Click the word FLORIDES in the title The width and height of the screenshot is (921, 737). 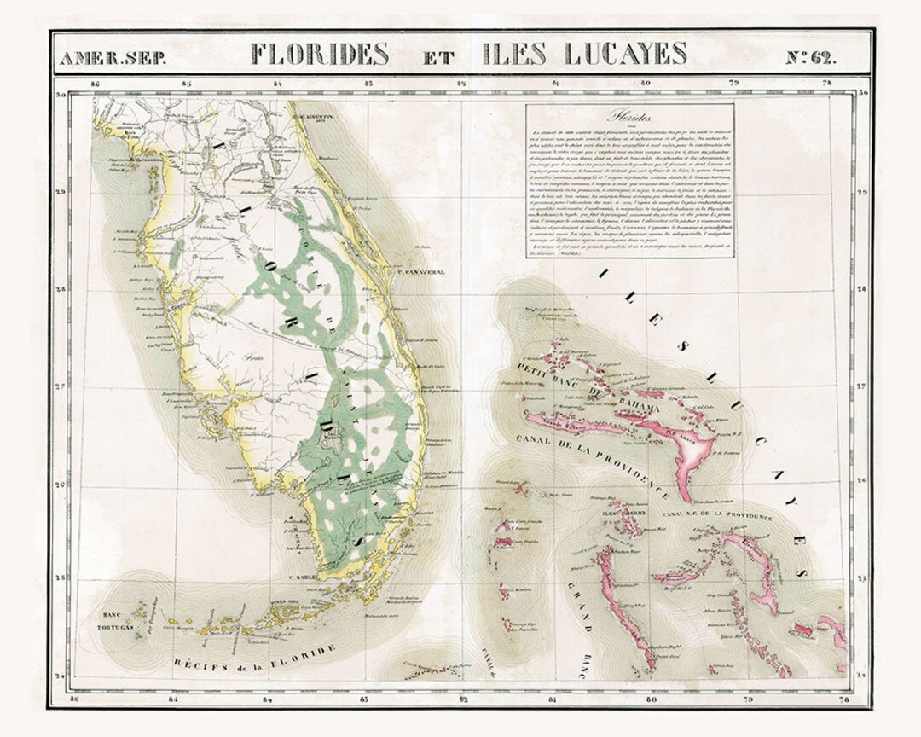tap(320, 54)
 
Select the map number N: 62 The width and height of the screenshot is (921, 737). tap(809, 57)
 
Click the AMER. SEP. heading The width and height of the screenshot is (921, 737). tap(102, 58)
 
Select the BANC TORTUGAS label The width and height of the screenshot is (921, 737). tap(119, 620)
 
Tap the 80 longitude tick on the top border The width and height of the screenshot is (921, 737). tap(646, 84)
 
